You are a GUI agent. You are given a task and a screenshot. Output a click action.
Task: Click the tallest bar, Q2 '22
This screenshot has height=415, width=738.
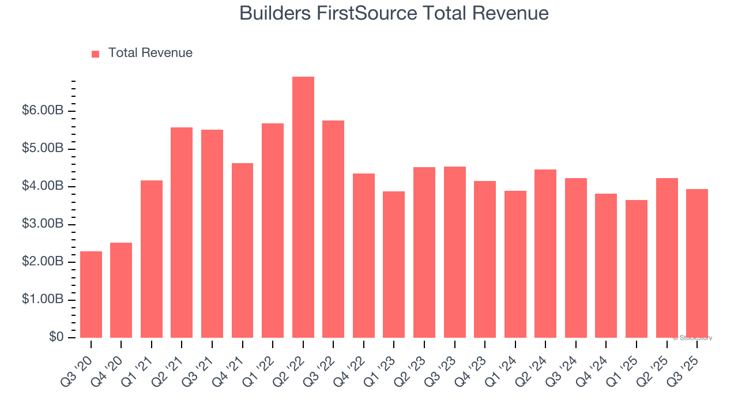click(303, 207)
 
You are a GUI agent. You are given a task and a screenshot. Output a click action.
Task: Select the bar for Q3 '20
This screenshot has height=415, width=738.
click(91, 295)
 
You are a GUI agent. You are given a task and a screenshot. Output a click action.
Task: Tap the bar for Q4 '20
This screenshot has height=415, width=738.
click(121, 290)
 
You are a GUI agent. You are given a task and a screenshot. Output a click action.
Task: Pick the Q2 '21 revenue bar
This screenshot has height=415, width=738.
click(182, 232)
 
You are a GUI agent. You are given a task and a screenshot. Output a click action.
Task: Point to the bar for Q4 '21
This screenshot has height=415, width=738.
click(242, 250)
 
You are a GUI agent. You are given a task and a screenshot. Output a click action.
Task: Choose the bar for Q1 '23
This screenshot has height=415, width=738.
click(394, 265)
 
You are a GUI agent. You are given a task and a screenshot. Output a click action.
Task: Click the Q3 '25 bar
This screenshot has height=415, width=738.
click(697, 263)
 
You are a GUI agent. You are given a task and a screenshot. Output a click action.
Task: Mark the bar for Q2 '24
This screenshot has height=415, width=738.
click(545, 254)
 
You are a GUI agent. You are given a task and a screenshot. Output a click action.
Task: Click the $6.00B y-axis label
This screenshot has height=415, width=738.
click(43, 111)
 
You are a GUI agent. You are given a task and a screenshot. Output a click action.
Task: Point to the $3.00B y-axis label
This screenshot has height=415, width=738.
click(43, 224)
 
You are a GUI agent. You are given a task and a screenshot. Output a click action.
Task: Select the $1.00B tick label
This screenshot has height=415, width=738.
click(43, 300)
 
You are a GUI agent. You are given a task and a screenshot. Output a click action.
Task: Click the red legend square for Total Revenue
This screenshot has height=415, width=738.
click(96, 54)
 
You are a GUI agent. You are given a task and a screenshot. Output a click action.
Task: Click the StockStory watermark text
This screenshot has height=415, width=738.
click(694, 338)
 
